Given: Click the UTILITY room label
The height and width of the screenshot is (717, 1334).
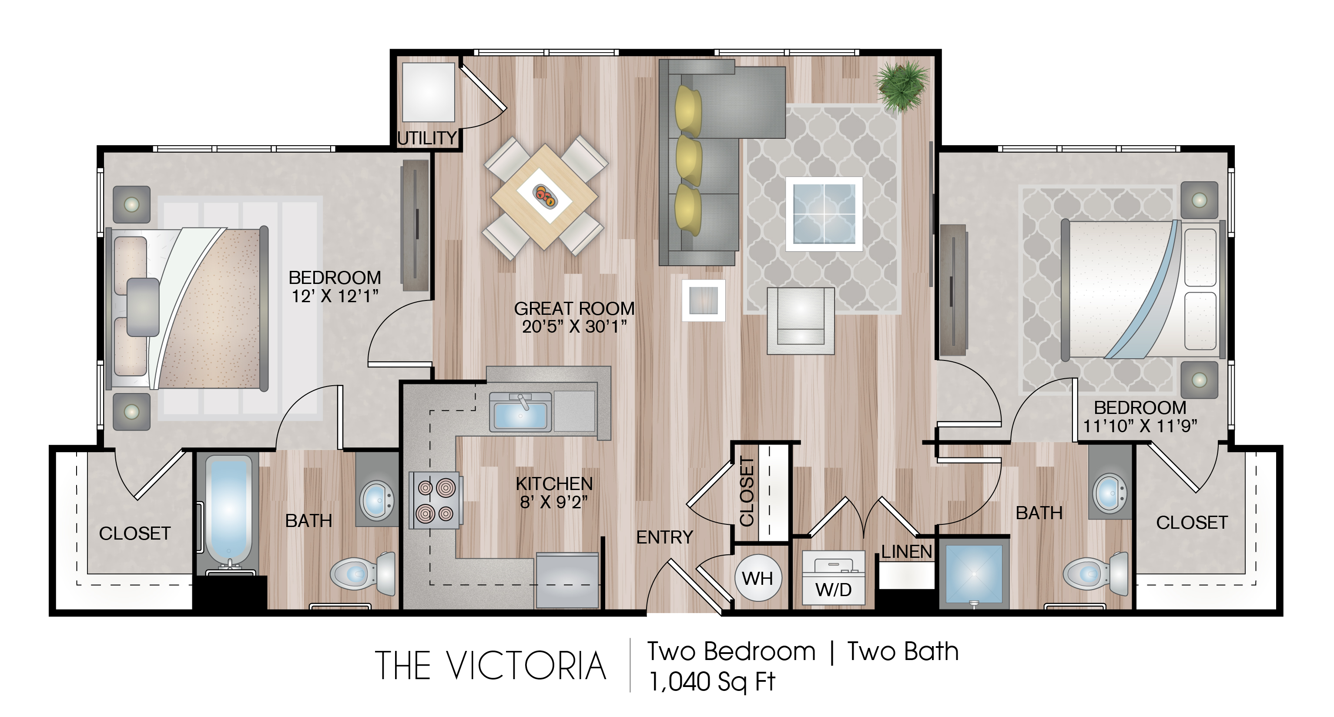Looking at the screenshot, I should pos(427,138).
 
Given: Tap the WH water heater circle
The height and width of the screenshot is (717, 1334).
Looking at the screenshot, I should pos(757,578).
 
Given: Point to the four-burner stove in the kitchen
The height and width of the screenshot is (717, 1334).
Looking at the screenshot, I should pos(435,500).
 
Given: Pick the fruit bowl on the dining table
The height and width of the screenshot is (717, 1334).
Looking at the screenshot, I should pos(545,196).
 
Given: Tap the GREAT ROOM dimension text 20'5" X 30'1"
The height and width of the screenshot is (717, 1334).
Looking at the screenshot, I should pos(574,327).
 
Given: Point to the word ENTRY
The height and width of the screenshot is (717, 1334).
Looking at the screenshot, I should pos(664,537).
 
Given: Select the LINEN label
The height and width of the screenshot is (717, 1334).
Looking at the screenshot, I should pos(907,552).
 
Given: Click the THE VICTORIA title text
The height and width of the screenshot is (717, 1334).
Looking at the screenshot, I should pos(490,666).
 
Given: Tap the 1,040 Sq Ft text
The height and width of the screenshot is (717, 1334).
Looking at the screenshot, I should pos(711,682).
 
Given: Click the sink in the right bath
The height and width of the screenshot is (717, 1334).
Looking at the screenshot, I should pos(1109,493).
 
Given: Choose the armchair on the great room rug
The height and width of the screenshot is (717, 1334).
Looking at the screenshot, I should pos(801,321).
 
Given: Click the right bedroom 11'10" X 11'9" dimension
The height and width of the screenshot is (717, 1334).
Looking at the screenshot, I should pos(1140,426).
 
